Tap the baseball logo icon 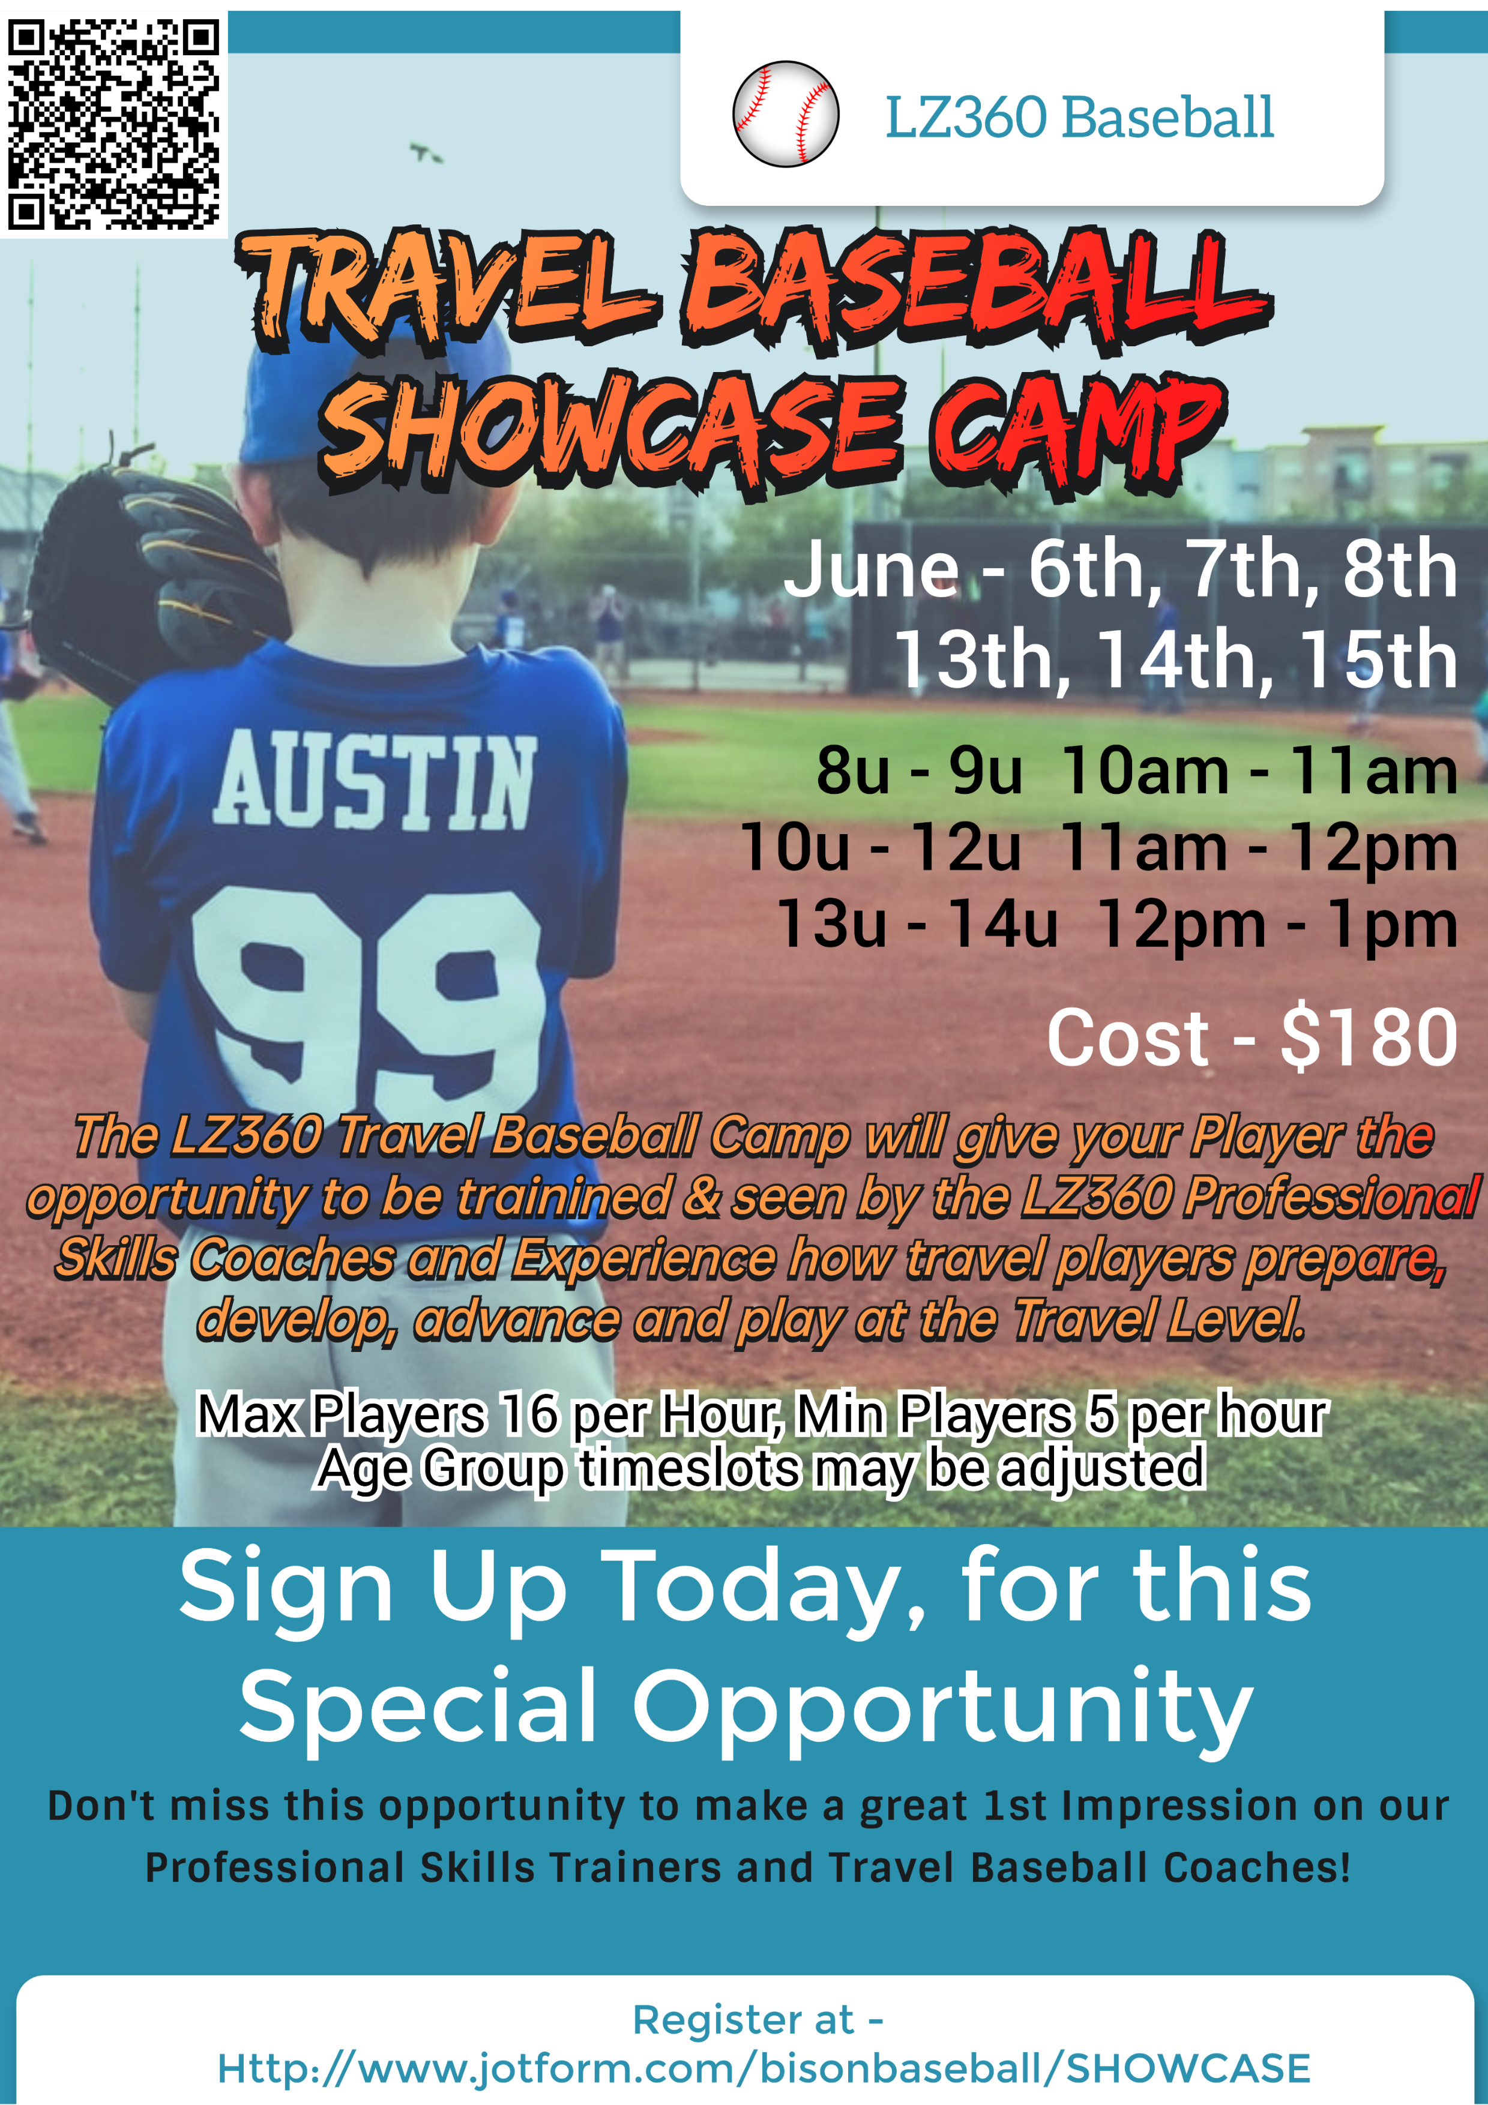tap(786, 113)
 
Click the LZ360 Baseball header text tap(1079, 118)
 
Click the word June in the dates tap(871, 569)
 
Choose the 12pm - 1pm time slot tap(1277, 924)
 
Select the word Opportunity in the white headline tap(942, 1706)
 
